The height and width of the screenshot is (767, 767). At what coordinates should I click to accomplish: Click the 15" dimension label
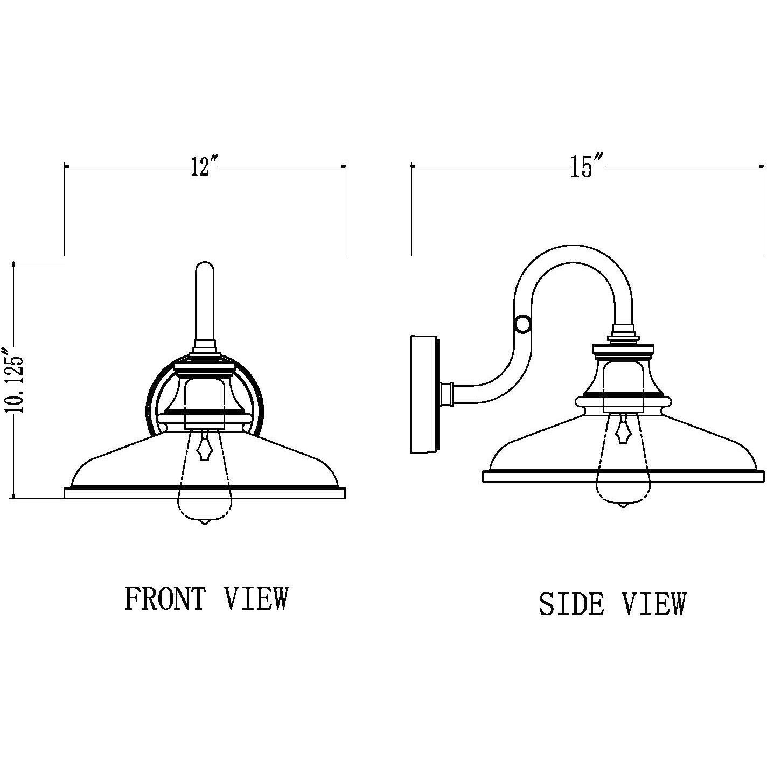(587, 167)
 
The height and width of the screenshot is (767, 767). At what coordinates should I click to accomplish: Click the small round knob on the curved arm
(522, 324)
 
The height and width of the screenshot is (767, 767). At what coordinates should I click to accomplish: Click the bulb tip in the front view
(205, 522)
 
